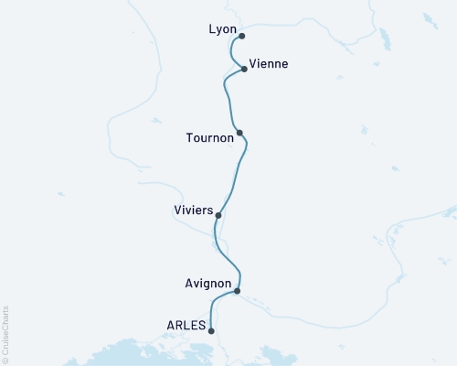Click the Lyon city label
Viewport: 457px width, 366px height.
tap(222, 29)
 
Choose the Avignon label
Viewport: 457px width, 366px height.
tap(206, 285)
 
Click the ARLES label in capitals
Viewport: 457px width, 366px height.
tap(186, 324)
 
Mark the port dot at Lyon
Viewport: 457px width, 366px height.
tap(241, 37)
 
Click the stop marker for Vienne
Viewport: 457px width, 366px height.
tap(244, 69)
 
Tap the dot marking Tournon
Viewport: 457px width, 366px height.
tap(239, 133)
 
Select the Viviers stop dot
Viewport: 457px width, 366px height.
tap(218, 215)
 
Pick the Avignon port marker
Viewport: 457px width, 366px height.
tap(237, 291)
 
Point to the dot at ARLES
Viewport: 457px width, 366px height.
tap(211, 331)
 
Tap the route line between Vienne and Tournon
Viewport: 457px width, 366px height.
tap(226, 96)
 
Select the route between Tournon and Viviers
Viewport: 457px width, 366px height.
tap(236, 174)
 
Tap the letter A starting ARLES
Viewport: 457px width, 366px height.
tap(171, 324)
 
